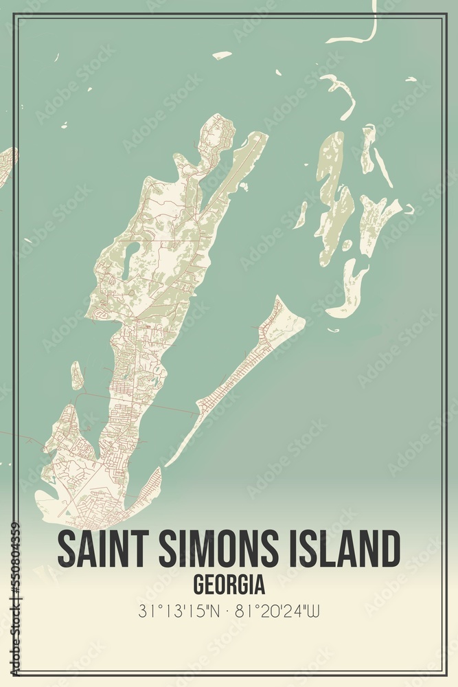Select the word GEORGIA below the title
coord(229,585)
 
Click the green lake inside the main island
coord(130,259)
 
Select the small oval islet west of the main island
coord(77,376)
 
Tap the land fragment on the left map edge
coord(5,165)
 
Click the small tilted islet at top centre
coord(222,54)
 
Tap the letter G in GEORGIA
coord(198,585)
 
